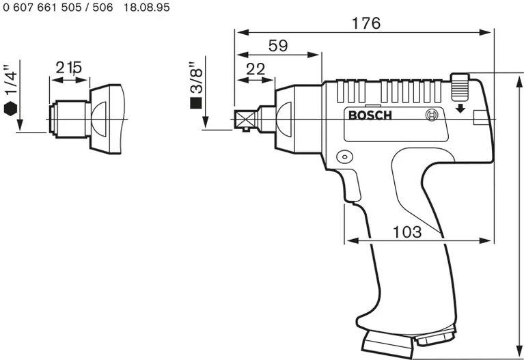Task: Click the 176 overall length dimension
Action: point(366,23)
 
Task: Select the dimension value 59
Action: point(277,46)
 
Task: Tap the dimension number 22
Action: point(255,68)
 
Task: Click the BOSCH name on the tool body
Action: point(370,115)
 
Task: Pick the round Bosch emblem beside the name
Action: point(430,115)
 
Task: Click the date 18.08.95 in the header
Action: point(147,7)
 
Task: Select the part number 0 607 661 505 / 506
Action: point(58,7)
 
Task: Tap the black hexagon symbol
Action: point(10,107)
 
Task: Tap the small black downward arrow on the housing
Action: point(460,107)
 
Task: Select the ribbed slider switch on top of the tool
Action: point(460,87)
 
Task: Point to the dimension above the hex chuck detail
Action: point(68,67)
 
